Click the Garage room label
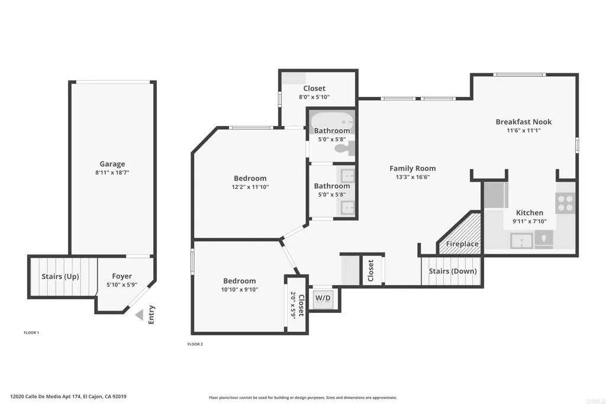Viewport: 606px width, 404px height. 112,164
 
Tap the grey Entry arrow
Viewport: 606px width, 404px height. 139,315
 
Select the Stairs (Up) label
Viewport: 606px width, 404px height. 60,276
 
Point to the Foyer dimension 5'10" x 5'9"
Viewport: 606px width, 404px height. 122,285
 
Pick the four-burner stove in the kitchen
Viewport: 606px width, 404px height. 566,203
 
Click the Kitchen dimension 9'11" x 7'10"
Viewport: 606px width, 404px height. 530,221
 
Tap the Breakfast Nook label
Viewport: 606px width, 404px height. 524,122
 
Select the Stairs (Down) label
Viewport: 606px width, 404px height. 453,272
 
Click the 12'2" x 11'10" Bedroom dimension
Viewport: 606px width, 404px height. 250,187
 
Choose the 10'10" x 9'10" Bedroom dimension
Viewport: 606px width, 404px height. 240,290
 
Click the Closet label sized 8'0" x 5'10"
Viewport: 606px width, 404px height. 314,96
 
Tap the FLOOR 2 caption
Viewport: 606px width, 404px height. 195,344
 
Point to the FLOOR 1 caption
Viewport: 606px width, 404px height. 31,332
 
